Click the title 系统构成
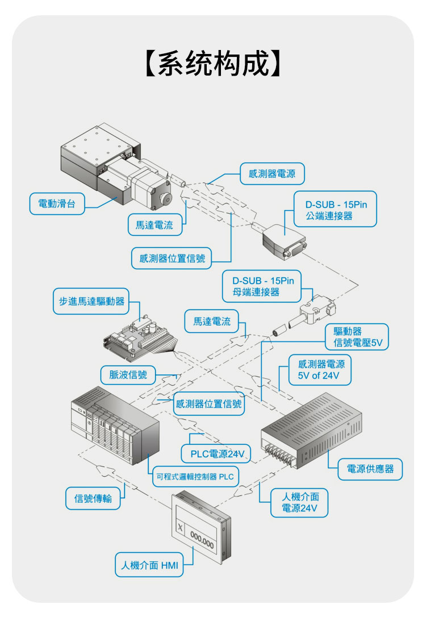click(212, 64)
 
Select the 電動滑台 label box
click(57, 203)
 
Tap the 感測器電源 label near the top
click(272, 174)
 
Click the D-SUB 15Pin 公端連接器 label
click(335, 209)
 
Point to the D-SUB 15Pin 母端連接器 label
click(262, 286)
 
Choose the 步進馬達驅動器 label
click(91, 301)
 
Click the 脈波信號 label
click(128, 375)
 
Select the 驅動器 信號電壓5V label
click(357, 337)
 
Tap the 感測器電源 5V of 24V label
click(320, 370)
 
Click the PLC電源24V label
click(216, 454)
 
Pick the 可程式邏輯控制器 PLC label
click(195, 477)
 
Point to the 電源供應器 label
click(370, 469)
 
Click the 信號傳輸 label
click(93, 498)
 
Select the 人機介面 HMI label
click(149, 565)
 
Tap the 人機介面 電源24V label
click(299, 502)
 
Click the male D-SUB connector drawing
click(284, 241)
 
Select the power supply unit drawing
click(311, 430)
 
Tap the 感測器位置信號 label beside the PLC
click(208, 403)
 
